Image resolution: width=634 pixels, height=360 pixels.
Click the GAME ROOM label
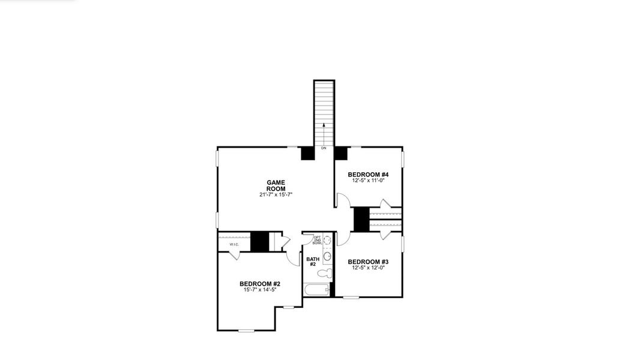coord(276,185)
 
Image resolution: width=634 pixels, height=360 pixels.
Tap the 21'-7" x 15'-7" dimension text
coord(276,195)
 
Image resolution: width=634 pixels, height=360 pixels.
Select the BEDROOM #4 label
coord(368,175)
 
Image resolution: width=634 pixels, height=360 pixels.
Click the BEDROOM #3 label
coord(368,262)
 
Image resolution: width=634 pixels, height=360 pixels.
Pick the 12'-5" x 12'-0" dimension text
coord(368,268)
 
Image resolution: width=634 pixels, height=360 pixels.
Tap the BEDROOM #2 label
coord(260,284)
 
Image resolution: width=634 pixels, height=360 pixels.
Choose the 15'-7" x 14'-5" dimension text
coord(260,290)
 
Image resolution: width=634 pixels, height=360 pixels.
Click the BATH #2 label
coord(312,262)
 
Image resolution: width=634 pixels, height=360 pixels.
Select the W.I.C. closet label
coord(234,244)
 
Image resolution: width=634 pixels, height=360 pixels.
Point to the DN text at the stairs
coord(324,148)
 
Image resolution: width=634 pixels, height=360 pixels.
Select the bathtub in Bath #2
coord(317,290)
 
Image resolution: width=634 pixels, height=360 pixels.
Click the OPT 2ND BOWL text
coord(317,241)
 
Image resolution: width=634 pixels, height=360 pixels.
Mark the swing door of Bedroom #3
coord(342,239)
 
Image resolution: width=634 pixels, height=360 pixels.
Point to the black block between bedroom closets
coord(361,219)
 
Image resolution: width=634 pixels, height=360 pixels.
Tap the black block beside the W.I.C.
coord(259,241)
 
